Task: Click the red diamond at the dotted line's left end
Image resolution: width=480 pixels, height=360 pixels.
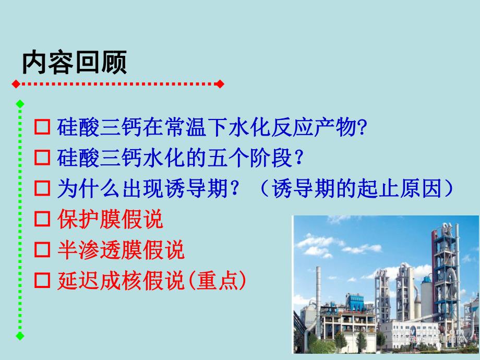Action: [x=16, y=83]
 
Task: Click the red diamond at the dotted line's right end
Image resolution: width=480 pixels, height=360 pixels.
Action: [x=220, y=83]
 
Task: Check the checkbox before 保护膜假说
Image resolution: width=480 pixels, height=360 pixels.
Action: [x=41, y=220]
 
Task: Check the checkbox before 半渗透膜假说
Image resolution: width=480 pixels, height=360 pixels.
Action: [x=41, y=251]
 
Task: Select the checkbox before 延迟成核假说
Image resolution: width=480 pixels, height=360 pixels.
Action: [x=41, y=282]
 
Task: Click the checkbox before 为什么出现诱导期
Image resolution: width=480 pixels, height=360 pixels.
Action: [x=41, y=189]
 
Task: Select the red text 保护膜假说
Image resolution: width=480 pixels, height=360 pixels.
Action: [x=110, y=220]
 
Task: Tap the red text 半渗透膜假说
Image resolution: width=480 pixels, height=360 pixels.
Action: [x=121, y=251]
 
